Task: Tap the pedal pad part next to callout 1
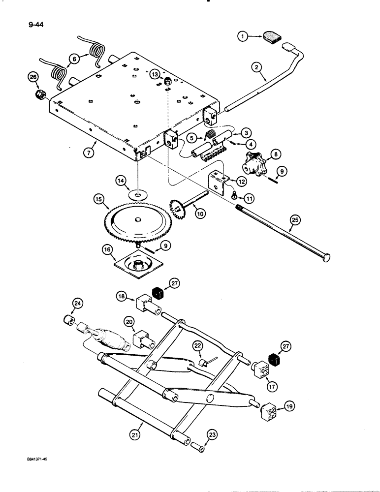click(x=272, y=37)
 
